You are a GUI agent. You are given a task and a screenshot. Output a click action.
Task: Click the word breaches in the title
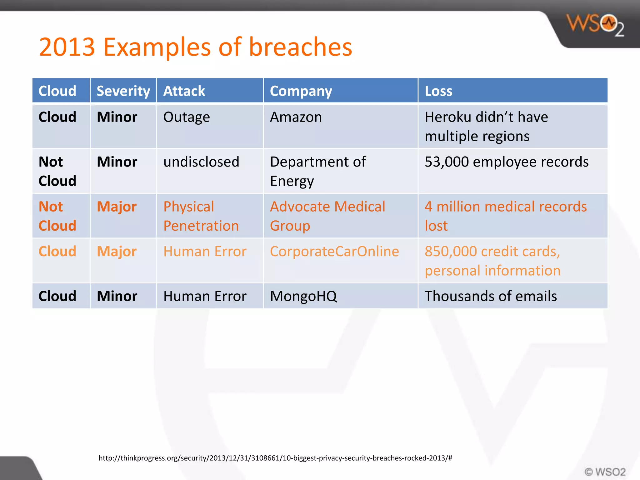pos(300,47)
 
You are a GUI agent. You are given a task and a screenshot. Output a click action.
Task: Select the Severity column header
pos(123,91)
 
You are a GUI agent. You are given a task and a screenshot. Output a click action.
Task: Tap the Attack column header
pos(184,91)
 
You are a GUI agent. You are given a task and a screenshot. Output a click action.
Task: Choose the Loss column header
pos(438,91)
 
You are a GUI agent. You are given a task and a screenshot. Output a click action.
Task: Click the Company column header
pos(301,91)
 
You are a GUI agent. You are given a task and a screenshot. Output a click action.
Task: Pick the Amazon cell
pos(296,117)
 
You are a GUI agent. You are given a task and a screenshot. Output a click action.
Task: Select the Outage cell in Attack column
pos(187,117)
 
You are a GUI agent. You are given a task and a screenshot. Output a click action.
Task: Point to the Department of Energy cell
pos(317,171)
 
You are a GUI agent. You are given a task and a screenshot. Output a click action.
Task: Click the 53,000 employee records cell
pos(506,162)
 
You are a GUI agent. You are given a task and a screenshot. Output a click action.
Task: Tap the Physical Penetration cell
pos(201,216)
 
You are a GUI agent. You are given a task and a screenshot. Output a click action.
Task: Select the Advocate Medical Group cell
pos(327,216)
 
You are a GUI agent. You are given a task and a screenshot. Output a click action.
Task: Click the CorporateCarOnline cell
pos(334,252)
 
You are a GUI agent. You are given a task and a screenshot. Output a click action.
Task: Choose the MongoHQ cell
pos(303,296)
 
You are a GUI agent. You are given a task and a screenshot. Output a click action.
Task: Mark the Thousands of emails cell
pos(490,296)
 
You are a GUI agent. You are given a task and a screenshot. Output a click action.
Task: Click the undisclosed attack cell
pos(201,162)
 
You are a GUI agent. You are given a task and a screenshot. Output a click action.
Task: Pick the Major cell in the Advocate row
pos(117,207)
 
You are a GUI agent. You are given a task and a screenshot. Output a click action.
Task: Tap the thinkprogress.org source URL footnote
pos(275,458)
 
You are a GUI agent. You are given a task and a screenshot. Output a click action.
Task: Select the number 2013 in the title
pos(67,47)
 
